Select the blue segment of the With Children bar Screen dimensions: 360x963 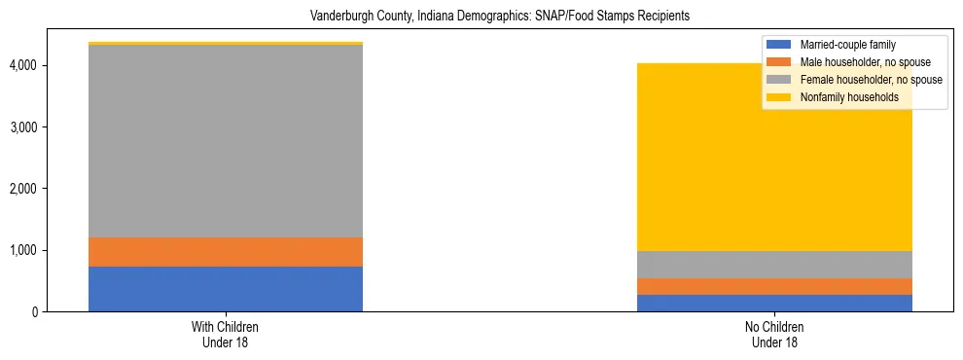click(x=226, y=289)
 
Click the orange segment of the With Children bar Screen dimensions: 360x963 click(x=226, y=252)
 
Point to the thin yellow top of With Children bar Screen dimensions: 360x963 click(x=226, y=44)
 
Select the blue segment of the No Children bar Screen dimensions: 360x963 click(x=775, y=303)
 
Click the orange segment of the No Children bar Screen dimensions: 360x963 click(x=775, y=286)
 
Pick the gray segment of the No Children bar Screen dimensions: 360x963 click(x=775, y=265)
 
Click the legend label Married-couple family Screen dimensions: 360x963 click(x=847, y=45)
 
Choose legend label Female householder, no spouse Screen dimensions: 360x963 click(x=871, y=80)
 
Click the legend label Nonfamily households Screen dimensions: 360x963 click(x=849, y=97)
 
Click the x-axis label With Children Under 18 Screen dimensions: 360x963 click(x=226, y=334)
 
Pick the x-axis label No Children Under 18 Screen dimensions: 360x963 click(x=775, y=334)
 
